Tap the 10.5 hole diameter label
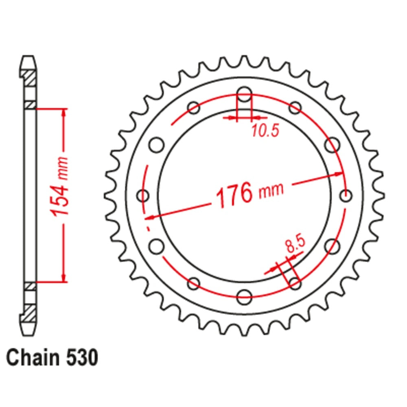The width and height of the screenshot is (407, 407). pos(265,131)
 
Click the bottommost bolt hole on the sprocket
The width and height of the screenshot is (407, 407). pos(244,297)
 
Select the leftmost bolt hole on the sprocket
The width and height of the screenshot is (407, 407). pos(143,196)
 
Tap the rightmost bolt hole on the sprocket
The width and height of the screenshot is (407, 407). pos(346,196)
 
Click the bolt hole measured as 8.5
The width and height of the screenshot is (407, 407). pos(295,282)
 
